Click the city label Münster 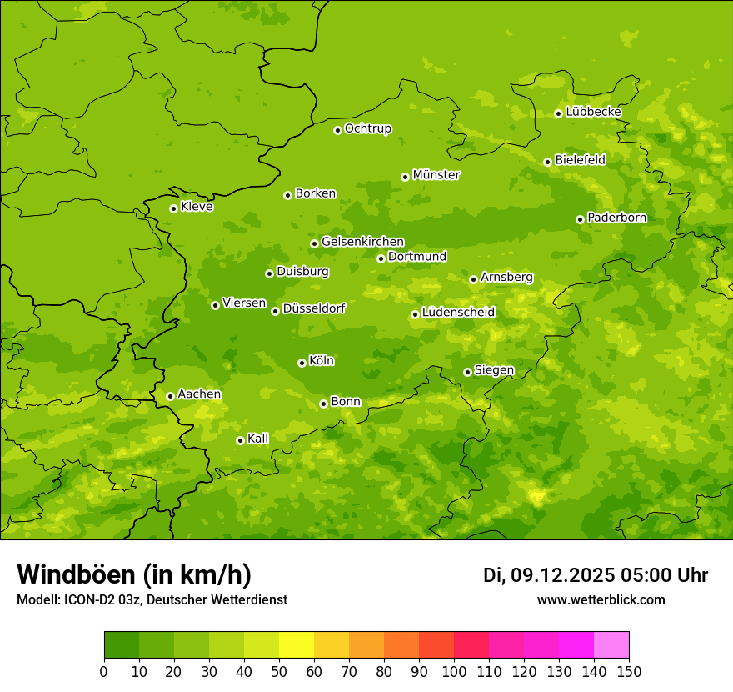click(436, 175)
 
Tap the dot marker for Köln click(302, 363)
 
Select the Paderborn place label click(617, 218)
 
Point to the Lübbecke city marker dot click(558, 113)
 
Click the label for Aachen click(199, 394)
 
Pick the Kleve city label click(197, 207)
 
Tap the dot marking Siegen click(467, 372)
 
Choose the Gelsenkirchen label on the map click(362, 242)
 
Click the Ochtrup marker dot click(337, 130)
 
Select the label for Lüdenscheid click(458, 313)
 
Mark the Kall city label click(258, 439)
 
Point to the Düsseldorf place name click(314, 308)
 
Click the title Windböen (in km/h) click(134, 574)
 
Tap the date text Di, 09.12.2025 click(548, 575)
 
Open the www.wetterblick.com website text click(601, 599)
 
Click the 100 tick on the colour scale click(454, 671)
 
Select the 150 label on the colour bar click(629, 671)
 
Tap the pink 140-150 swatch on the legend click(611, 645)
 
